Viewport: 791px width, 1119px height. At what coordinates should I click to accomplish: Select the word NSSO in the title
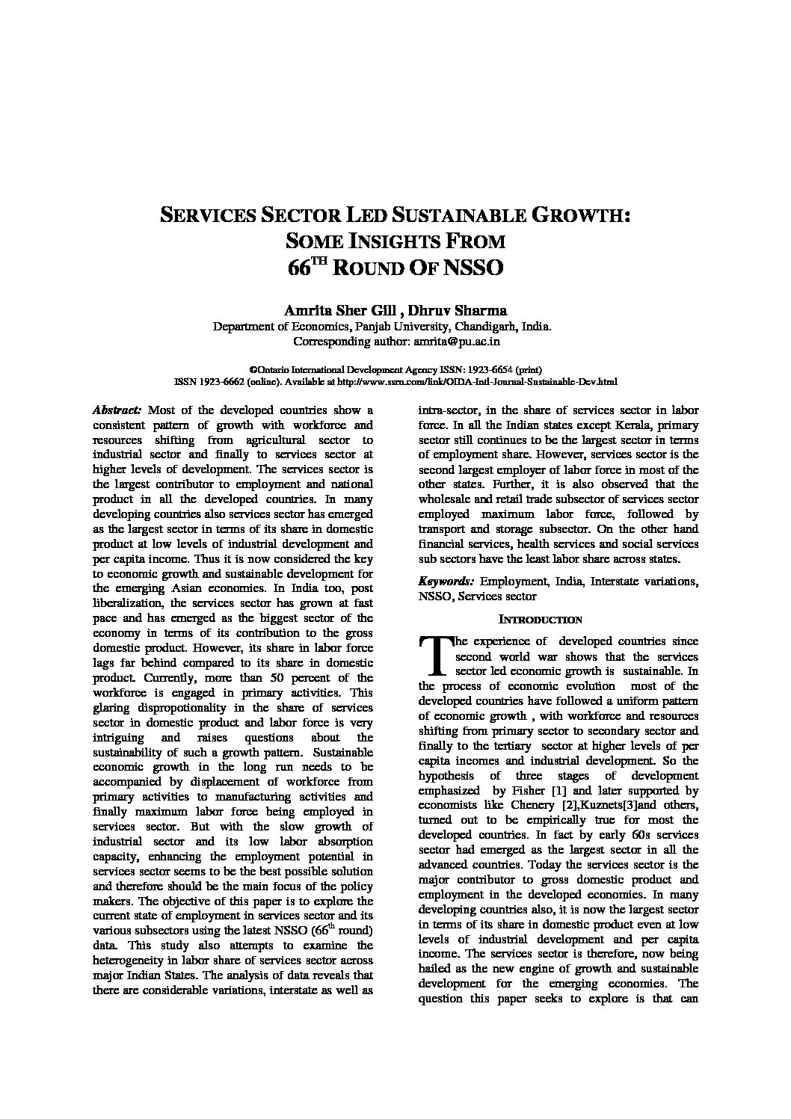click(x=473, y=268)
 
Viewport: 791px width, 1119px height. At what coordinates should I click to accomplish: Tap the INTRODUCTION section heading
click(x=540, y=620)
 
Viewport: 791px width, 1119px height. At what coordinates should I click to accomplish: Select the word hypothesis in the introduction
click(x=447, y=775)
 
